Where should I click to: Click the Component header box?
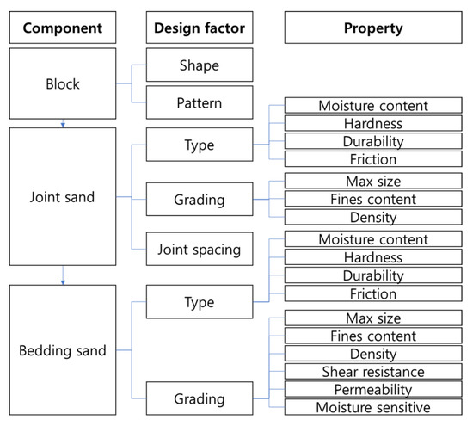coord(63,28)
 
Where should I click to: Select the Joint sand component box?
coord(63,197)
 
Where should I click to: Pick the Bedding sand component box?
coord(63,350)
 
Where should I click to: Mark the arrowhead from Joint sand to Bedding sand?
coord(63,280)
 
